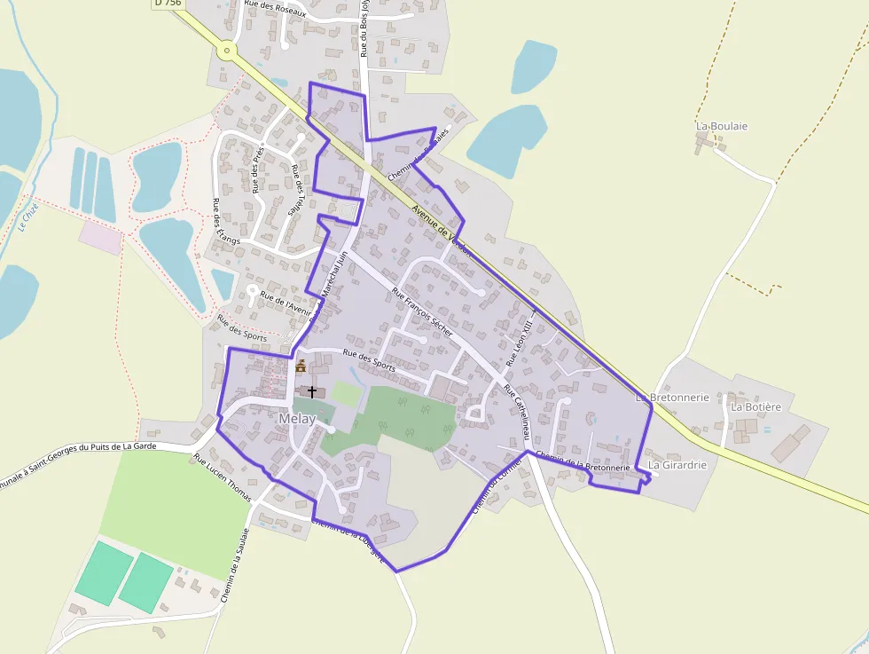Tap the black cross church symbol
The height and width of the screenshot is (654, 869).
tap(311, 391)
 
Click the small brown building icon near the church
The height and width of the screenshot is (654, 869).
tap(301, 365)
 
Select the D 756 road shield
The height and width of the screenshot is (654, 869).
tap(167, 4)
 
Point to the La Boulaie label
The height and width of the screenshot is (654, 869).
tap(722, 126)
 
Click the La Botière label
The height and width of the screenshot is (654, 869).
tap(755, 406)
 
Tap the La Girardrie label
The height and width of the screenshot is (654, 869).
tap(677, 464)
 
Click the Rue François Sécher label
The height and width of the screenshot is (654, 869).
tap(422, 311)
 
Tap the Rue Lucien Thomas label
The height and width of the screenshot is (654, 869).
tap(223, 475)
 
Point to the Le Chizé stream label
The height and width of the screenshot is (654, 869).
tap(27, 217)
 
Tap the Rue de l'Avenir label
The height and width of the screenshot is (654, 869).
tap(286, 303)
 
